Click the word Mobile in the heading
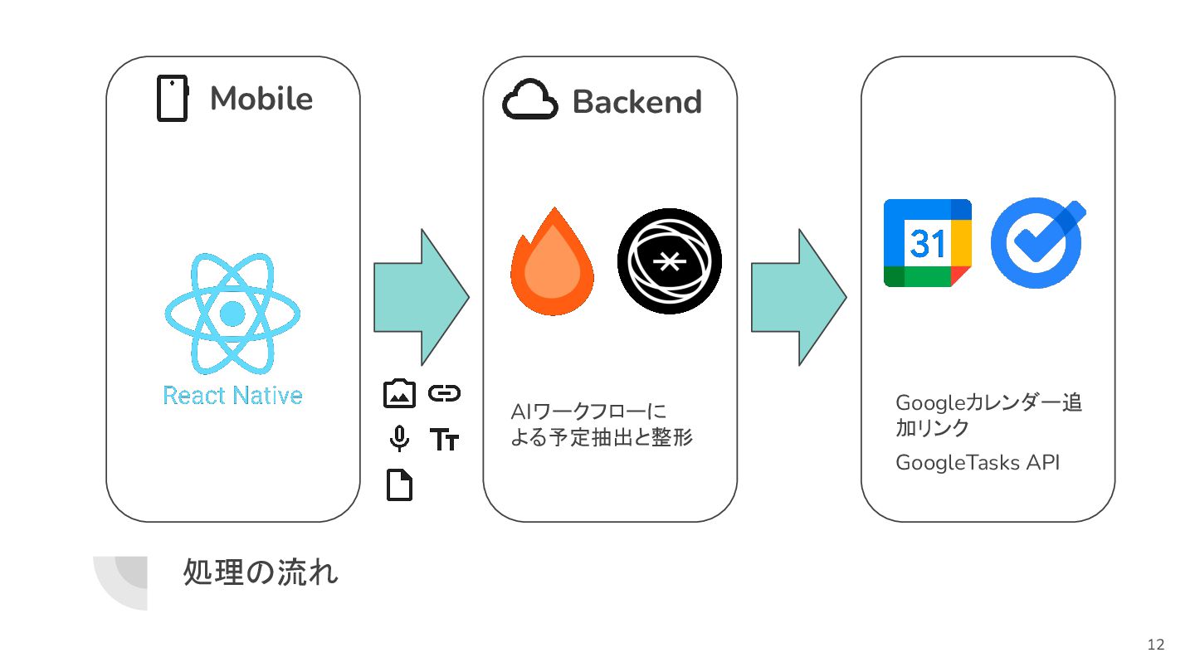tap(261, 99)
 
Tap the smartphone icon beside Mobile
tap(173, 99)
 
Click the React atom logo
tap(232, 313)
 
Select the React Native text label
tap(232, 395)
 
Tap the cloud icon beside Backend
tap(528, 100)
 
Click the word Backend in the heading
tap(637, 102)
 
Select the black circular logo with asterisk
tap(669, 261)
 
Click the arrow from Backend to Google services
tap(797, 296)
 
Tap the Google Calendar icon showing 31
tap(927, 243)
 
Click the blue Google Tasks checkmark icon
tap(1038, 241)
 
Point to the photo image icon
tap(399, 393)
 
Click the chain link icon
tap(444, 393)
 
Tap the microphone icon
tap(399, 439)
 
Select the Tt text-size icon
tap(444, 440)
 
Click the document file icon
tap(399, 485)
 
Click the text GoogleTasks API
tap(977, 463)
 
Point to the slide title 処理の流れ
tap(261, 573)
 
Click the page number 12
tap(1155, 645)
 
